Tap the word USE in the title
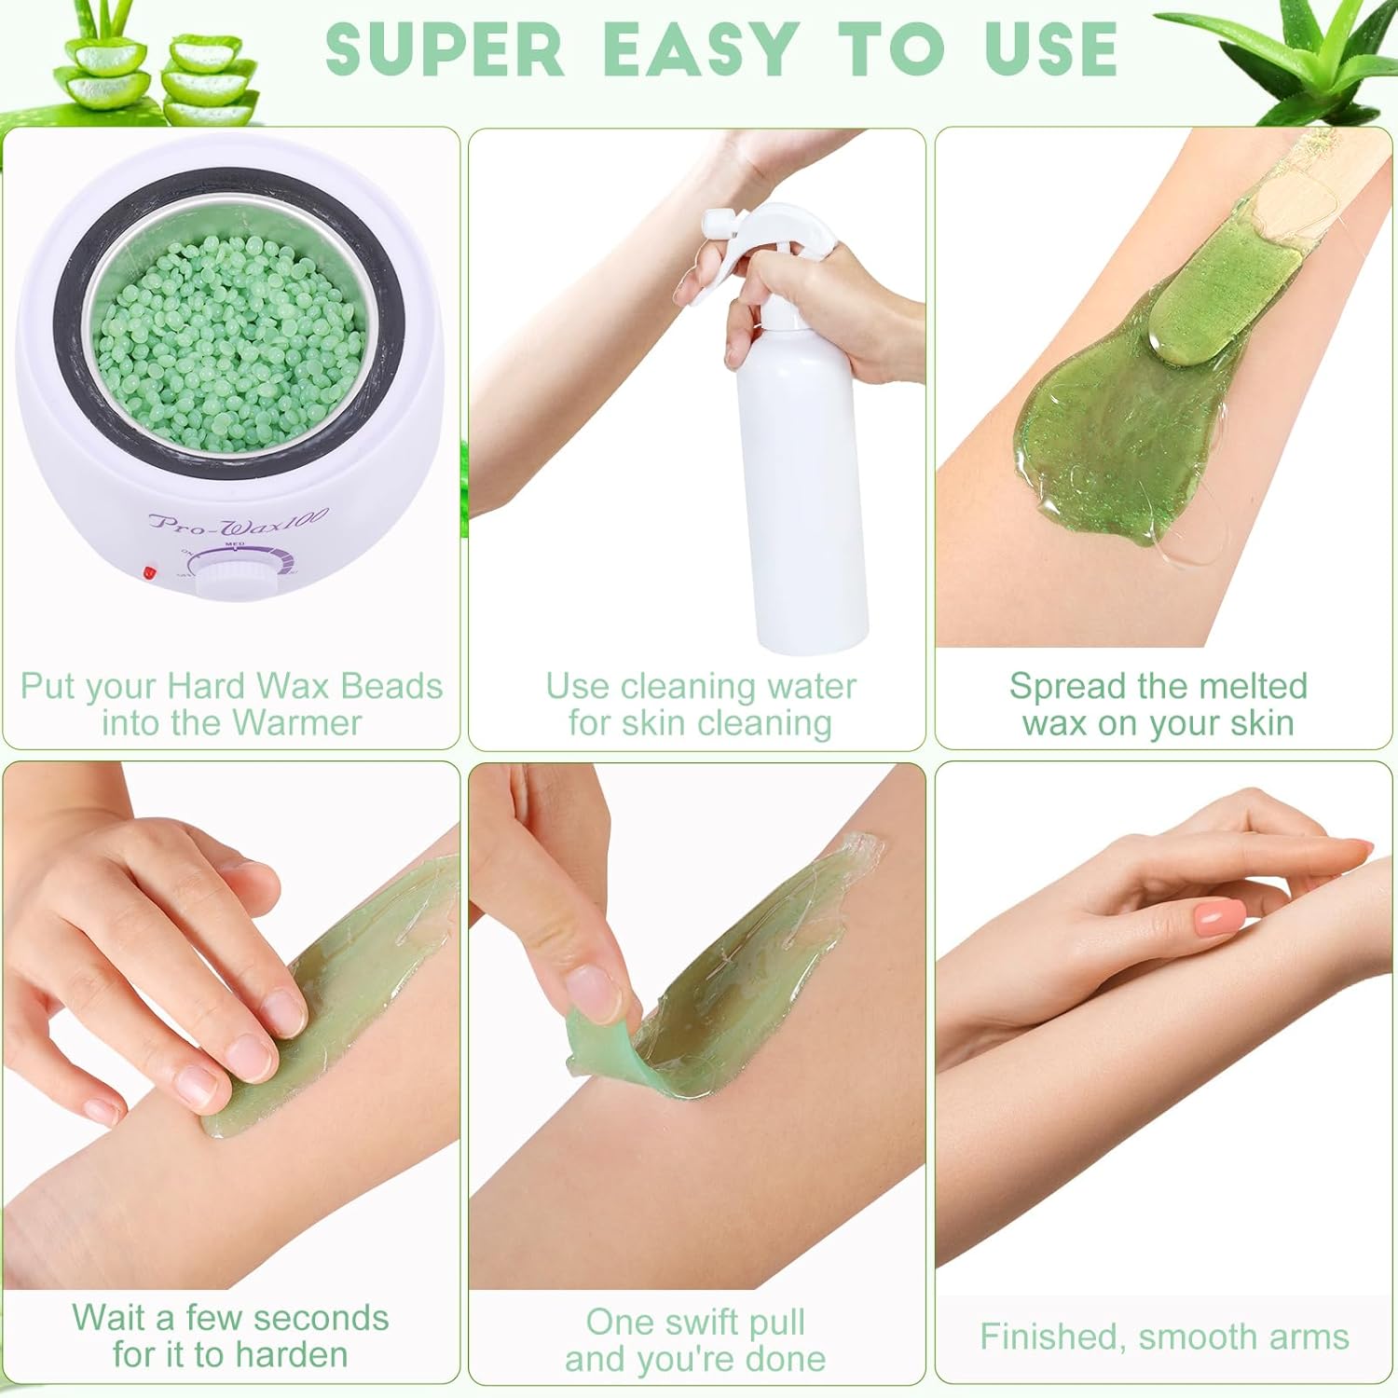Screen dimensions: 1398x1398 [1050, 48]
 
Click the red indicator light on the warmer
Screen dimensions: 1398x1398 [149, 572]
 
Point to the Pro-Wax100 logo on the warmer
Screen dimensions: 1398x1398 [239, 520]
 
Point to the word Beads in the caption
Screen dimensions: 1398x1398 [392, 687]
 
